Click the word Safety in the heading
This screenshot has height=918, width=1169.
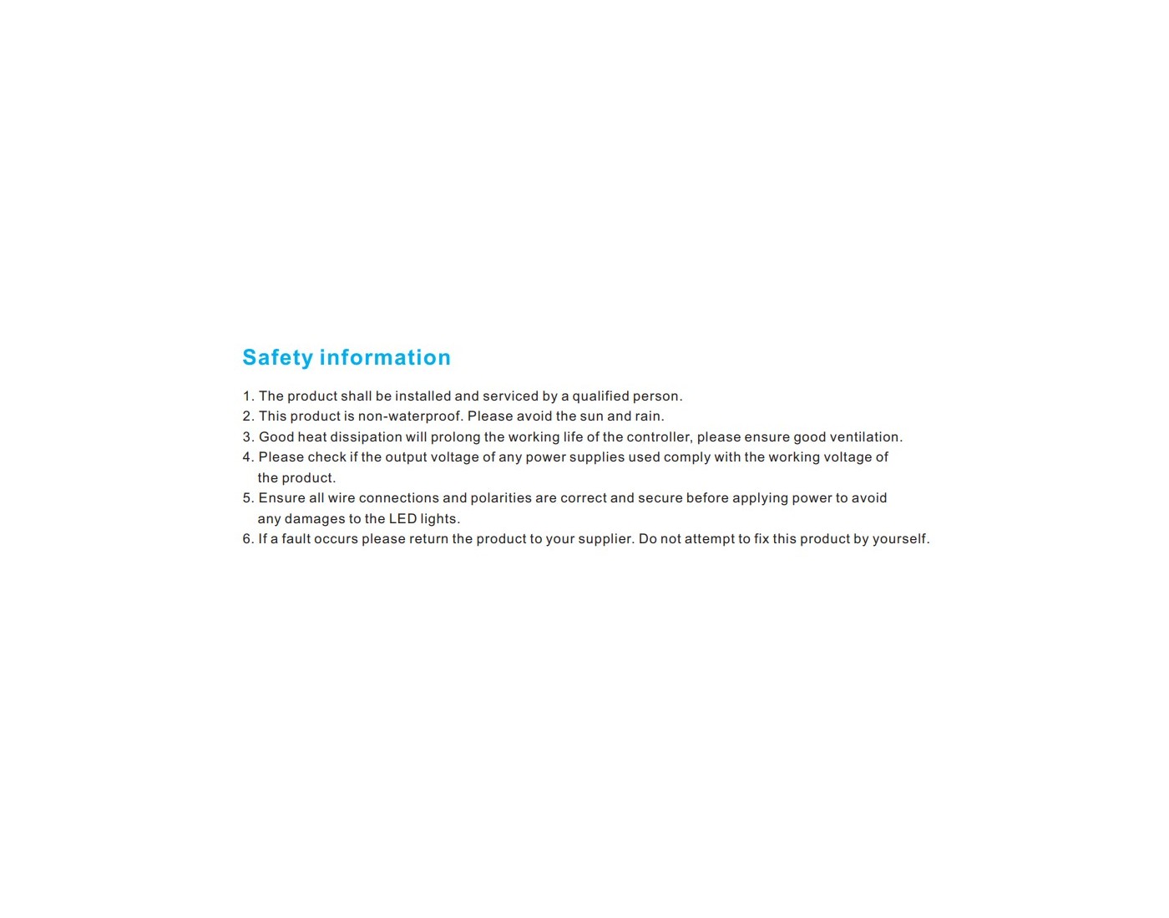pyautogui.click(x=277, y=358)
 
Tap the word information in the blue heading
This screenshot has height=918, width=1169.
pyautogui.click(x=385, y=358)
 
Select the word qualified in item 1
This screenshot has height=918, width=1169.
pyautogui.click(x=600, y=396)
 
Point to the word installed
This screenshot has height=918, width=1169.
pyautogui.click(x=423, y=396)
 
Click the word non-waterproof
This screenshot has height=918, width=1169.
pyautogui.click(x=409, y=416)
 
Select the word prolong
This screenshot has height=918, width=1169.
pyautogui.click(x=455, y=437)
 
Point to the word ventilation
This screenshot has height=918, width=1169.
pyautogui.click(x=865, y=437)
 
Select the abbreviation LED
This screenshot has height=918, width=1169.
pyautogui.click(x=402, y=519)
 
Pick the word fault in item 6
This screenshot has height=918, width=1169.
pyautogui.click(x=296, y=539)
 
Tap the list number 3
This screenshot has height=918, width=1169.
pyautogui.click(x=247, y=437)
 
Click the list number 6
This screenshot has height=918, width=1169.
pyautogui.click(x=247, y=539)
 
